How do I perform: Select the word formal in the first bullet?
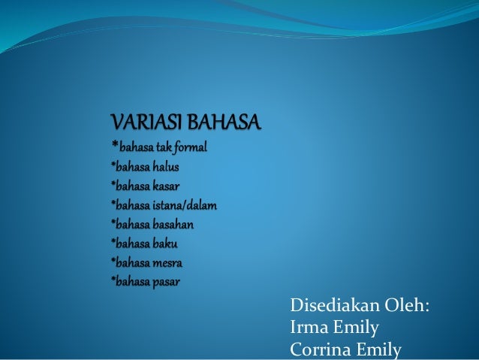point(188,146)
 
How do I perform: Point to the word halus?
point(164,165)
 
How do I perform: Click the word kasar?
point(164,185)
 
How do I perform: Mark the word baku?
point(164,244)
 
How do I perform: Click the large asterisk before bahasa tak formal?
point(115,144)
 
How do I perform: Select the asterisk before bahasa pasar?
point(113,280)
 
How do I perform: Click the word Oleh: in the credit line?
point(410,307)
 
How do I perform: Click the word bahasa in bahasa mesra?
point(132,263)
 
